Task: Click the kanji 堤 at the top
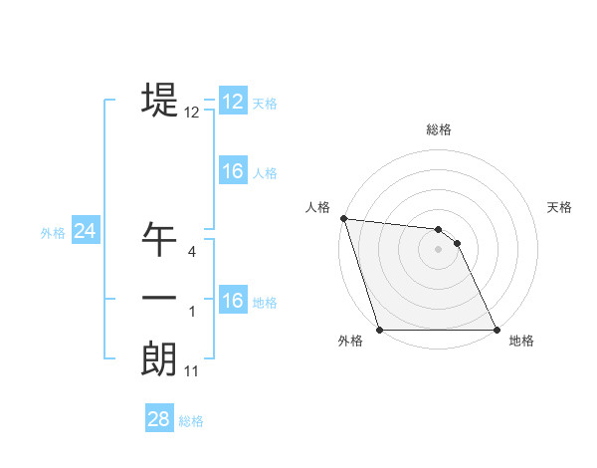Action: click(x=159, y=100)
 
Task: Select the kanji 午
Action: click(x=159, y=239)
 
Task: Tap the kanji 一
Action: click(x=159, y=299)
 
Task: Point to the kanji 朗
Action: click(x=159, y=358)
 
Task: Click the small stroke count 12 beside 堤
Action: click(x=192, y=113)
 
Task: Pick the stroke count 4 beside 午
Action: click(x=192, y=252)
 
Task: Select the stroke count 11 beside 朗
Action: click(x=192, y=371)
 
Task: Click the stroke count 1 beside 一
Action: click(x=192, y=312)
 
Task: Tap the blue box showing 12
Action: click(x=233, y=102)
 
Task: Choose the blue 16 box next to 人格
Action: click(x=233, y=171)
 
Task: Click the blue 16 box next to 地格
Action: click(x=233, y=301)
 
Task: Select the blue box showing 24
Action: click(x=86, y=231)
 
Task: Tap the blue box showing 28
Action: click(x=158, y=419)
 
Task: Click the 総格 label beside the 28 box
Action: click(x=191, y=421)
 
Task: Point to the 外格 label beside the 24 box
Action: click(x=53, y=233)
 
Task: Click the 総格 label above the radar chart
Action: click(x=439, y=129)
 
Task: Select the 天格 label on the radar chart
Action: click(x=560, y=207)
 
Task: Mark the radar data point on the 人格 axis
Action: click(x=343, y=218)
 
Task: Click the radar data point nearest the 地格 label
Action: click(x=497, y=330)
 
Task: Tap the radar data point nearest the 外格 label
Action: click(x=380, y=330)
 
